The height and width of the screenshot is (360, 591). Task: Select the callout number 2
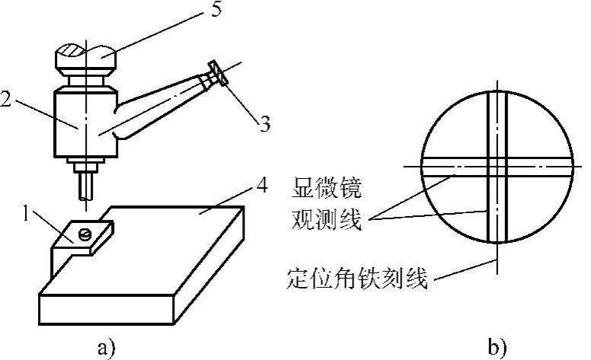click(7, 98)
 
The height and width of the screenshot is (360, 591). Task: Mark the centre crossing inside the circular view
click(496, 165)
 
